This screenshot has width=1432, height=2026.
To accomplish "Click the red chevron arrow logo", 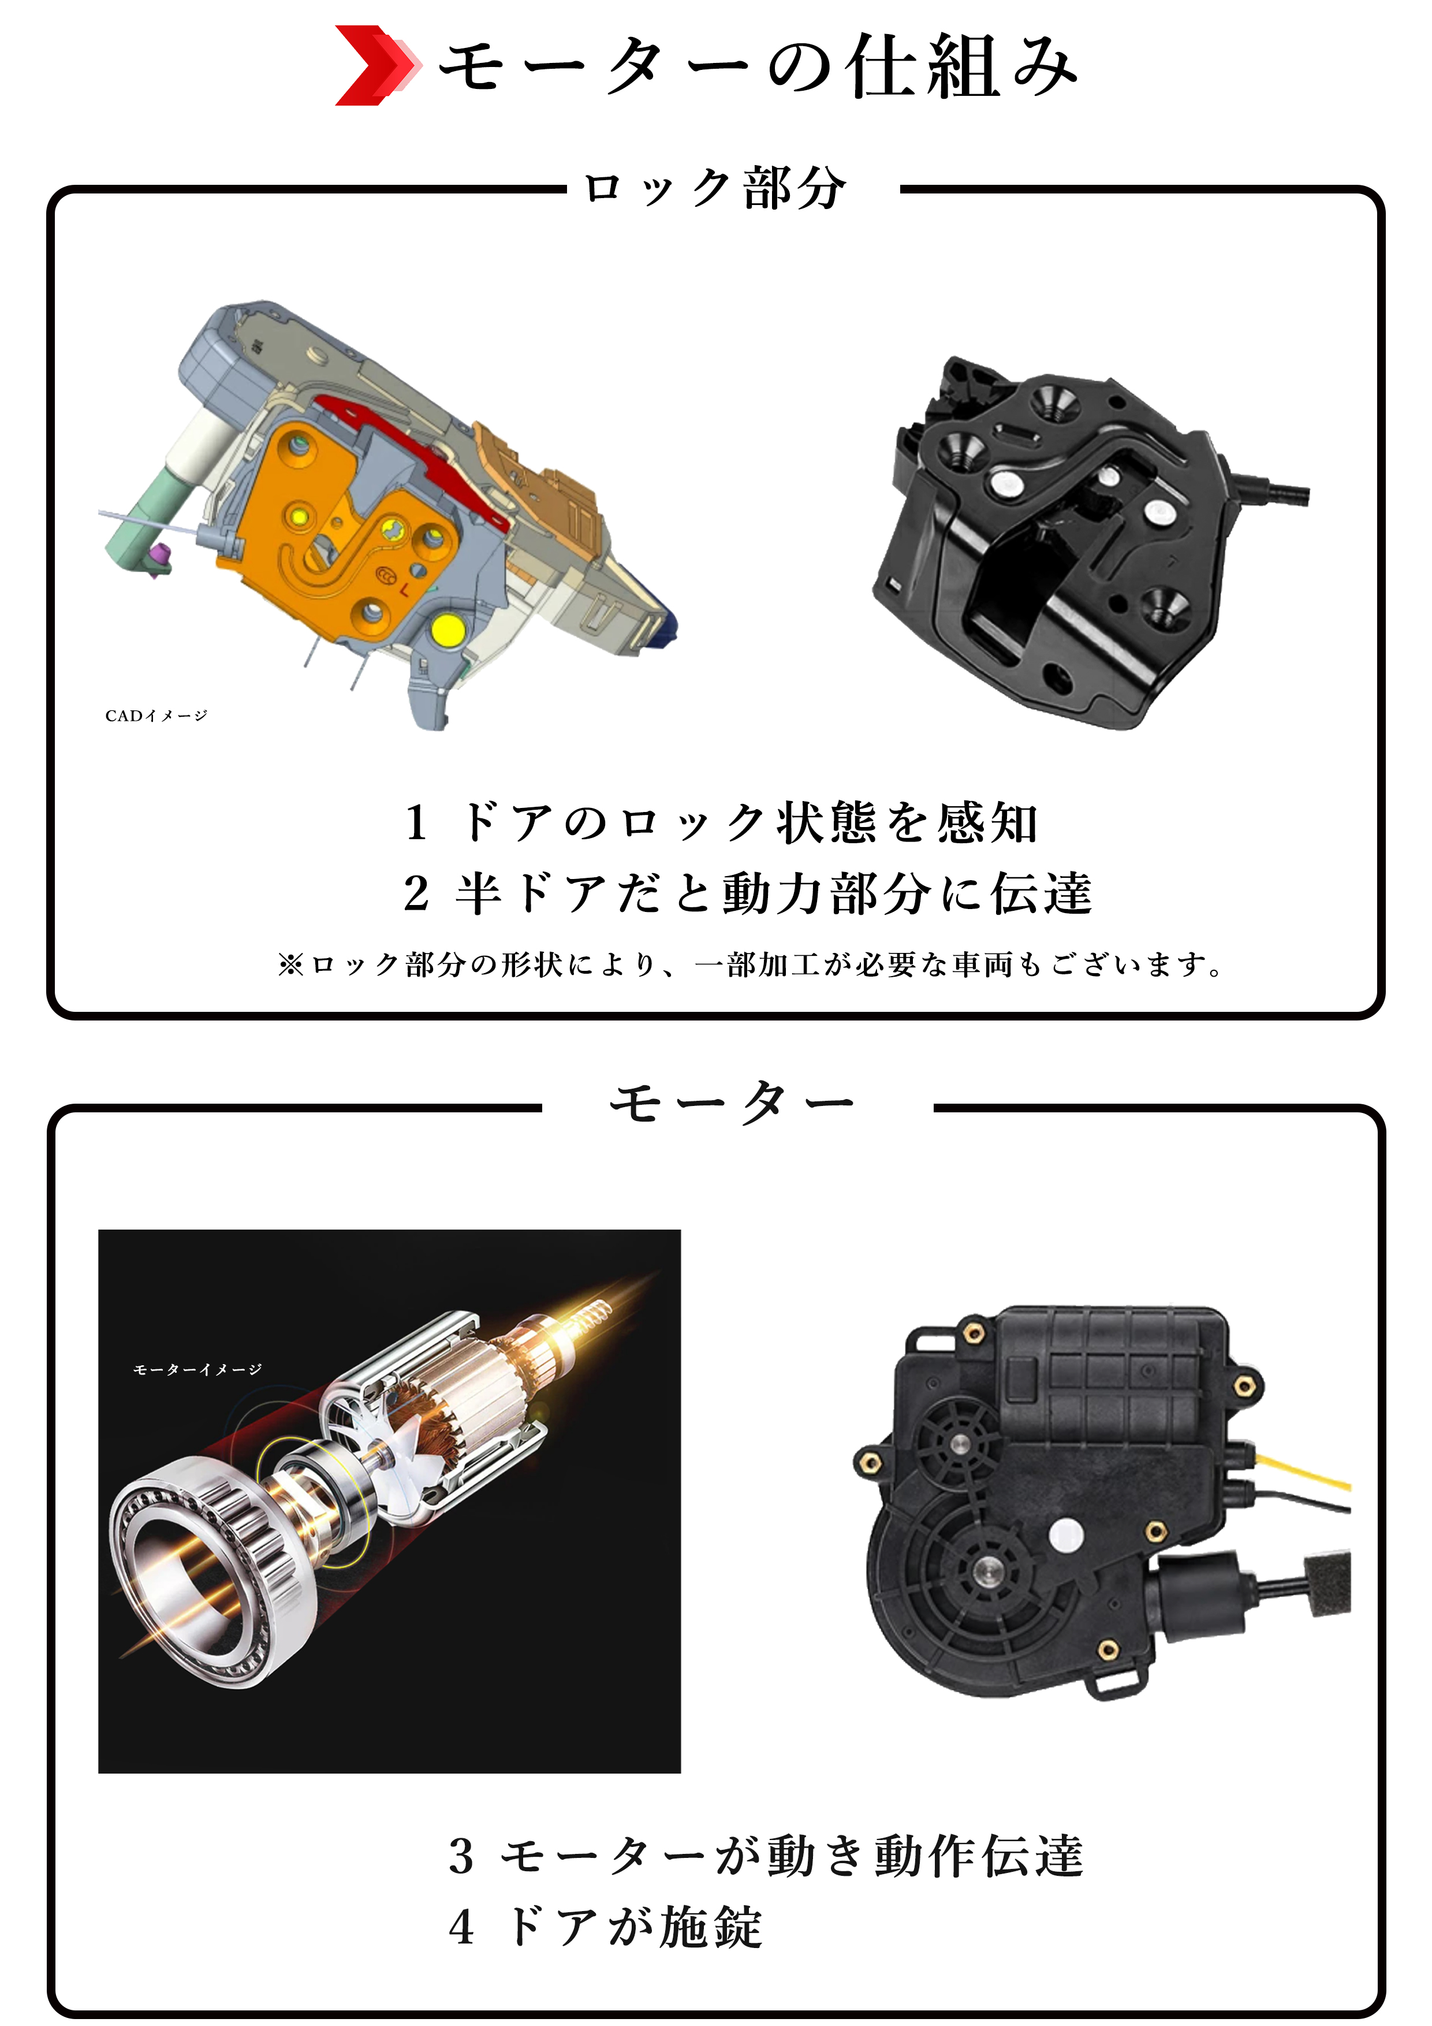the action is click(374, 65).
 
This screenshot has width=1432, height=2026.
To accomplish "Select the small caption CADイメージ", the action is click(156, 716).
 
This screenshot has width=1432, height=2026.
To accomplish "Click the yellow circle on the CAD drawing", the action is click(447, 630).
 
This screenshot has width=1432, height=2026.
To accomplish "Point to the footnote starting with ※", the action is click(750, 964).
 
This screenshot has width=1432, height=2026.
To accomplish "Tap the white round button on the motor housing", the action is click(1066, 1536).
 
